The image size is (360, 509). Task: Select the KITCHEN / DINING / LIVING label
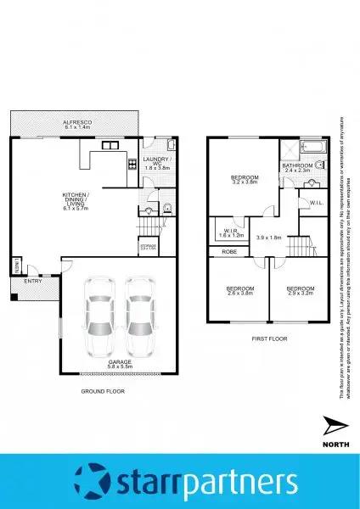(x=76, y=203)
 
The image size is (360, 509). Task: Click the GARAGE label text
(x=119, y=362)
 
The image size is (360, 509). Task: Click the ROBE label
(x=229, y=251)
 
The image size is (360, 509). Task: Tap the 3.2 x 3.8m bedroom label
(x=245, y=178)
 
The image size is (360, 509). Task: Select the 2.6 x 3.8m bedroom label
(x=240, y=290)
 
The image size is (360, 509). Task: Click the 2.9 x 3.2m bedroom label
(x=300, y=290)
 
